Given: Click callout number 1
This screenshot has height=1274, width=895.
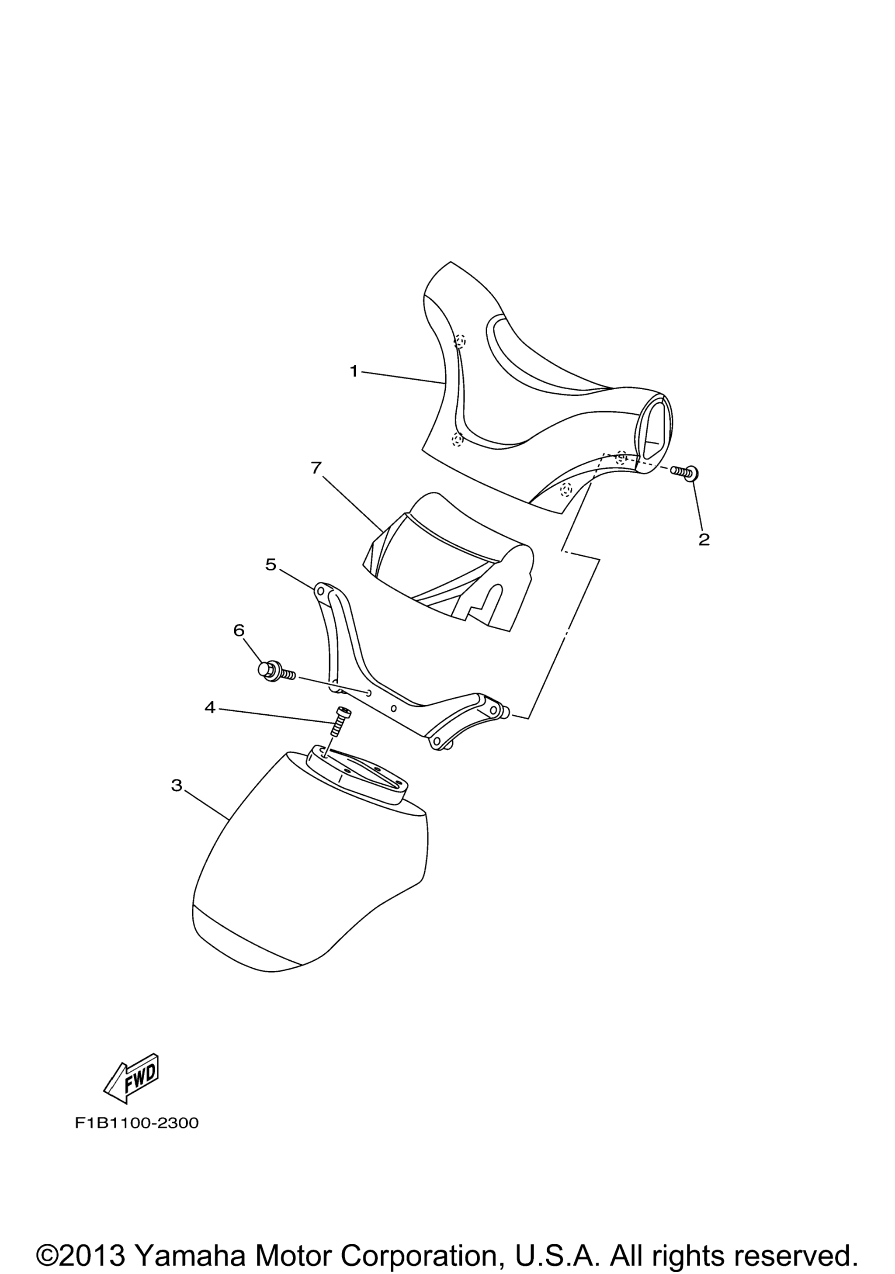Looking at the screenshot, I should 354,371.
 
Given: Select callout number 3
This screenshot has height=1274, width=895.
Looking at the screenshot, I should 177,785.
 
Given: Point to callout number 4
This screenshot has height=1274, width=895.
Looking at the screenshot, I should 210,707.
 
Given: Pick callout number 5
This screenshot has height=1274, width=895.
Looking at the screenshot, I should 270,565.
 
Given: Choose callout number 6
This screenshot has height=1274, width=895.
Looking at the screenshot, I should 239,630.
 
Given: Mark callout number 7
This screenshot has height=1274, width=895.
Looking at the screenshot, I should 316,468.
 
